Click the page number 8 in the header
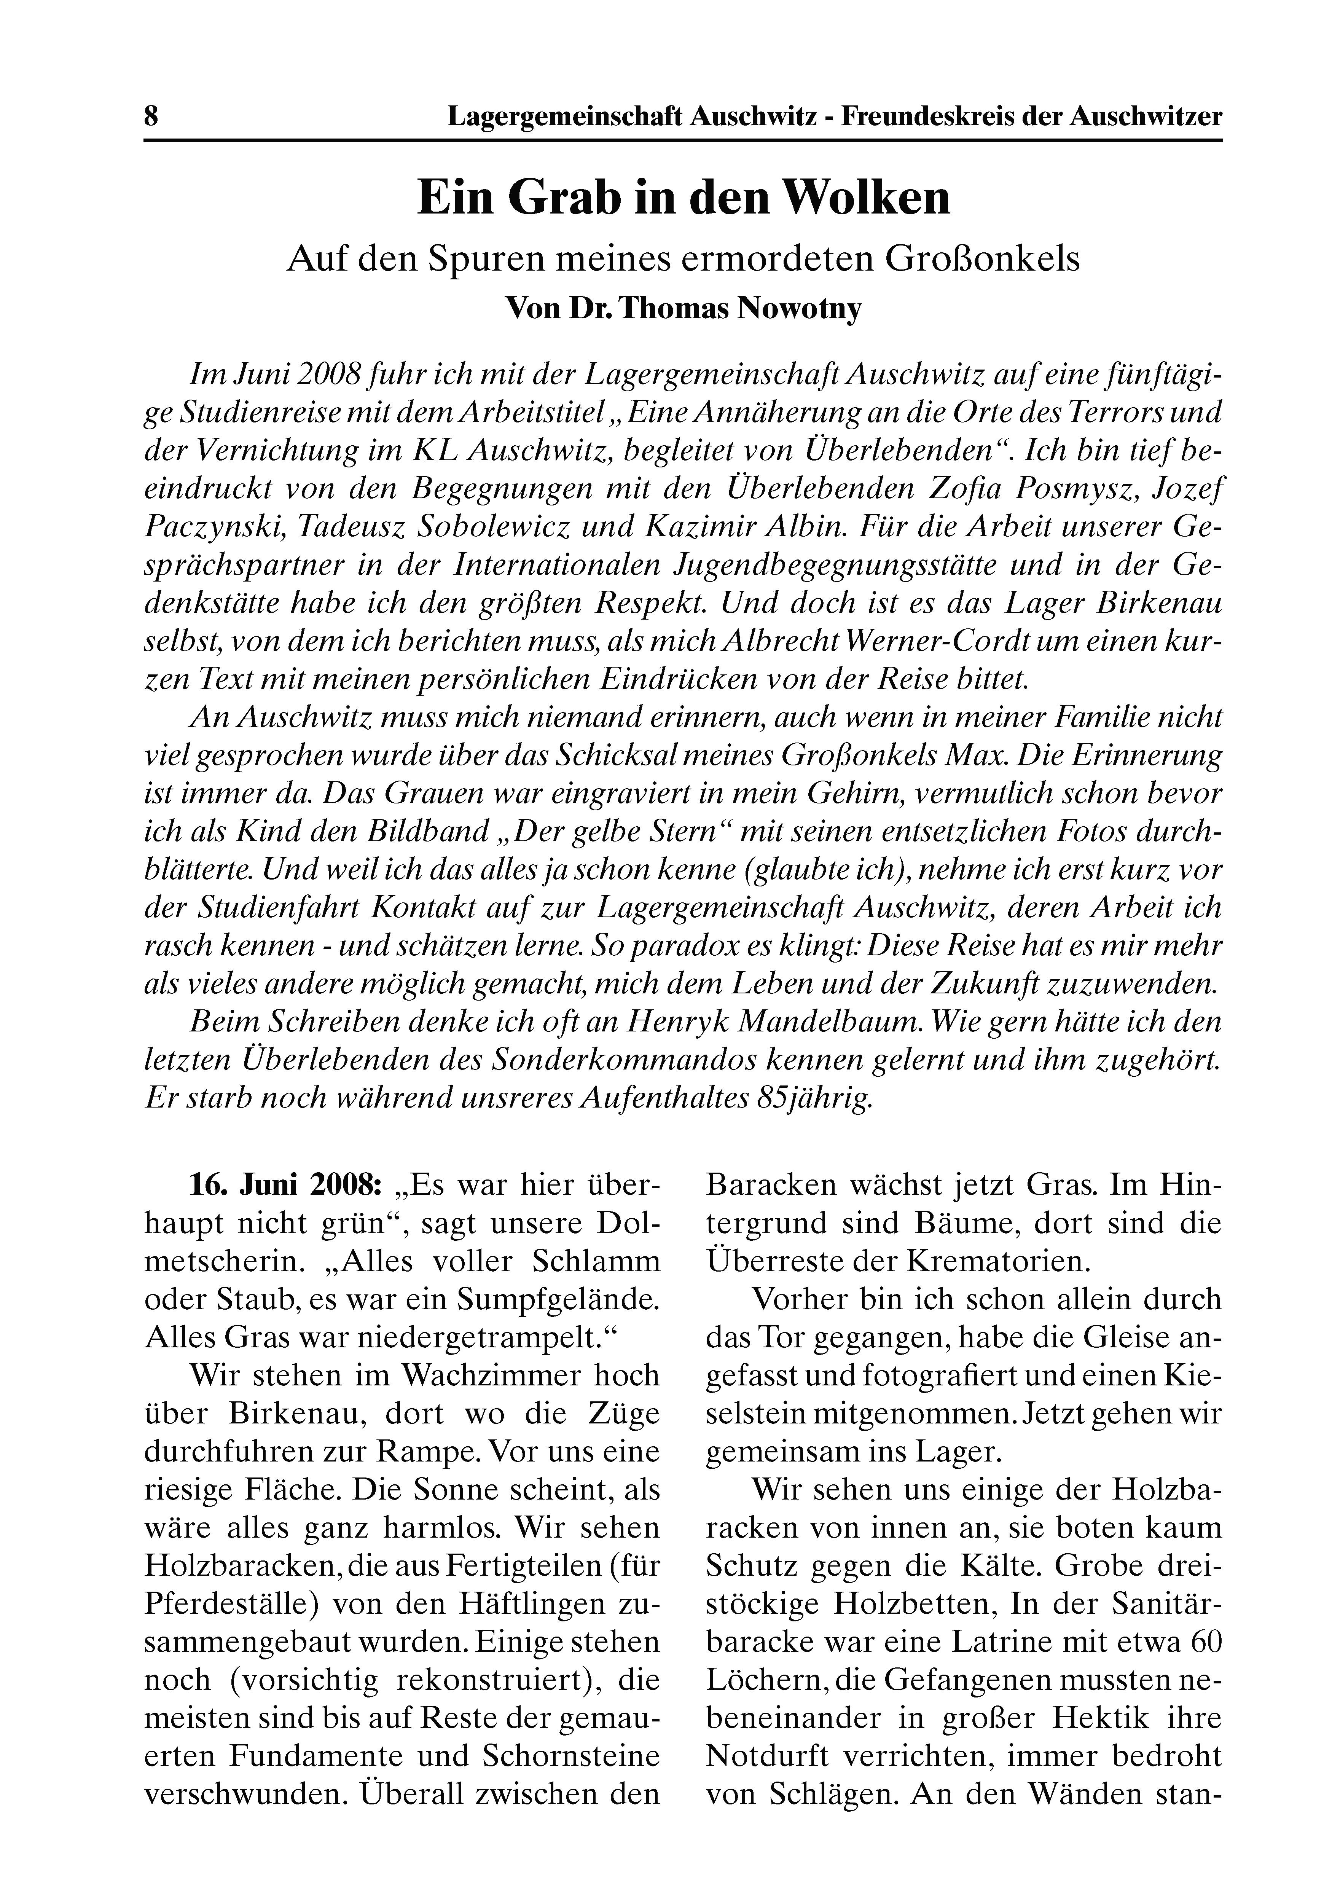tap(151, 115)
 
